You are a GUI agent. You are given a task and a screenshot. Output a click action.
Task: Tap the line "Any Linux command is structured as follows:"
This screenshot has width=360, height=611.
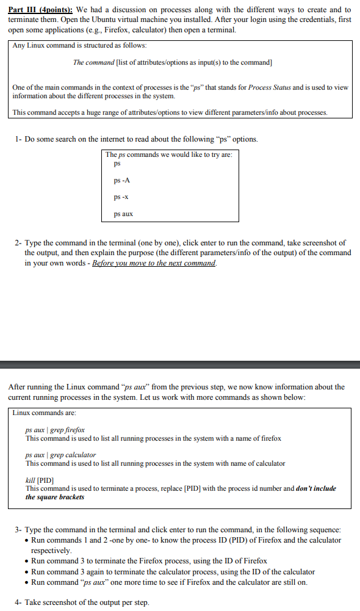click(79, 46)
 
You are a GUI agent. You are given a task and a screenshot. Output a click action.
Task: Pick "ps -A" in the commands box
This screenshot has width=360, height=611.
click(121, 181)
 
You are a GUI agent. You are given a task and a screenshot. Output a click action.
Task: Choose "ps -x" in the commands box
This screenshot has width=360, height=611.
click(121, 197)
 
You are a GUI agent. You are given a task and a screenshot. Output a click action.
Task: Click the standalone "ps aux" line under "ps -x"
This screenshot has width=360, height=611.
click(123, 214)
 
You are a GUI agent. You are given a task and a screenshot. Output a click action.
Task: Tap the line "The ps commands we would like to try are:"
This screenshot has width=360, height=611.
click(168, 154)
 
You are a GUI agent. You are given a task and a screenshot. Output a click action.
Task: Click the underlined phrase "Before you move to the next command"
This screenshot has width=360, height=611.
click(154, 263)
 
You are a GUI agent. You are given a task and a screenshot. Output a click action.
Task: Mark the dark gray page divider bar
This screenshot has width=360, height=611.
click(180, 365)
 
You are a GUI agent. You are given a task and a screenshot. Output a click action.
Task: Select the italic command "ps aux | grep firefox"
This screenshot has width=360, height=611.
click(55, 430)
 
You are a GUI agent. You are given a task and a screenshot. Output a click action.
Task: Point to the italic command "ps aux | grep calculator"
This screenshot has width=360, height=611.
click(60, 455)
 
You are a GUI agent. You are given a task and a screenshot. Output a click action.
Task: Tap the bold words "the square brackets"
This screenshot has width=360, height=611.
click(55, 497)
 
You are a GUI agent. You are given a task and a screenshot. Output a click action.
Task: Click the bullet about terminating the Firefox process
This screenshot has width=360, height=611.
click(149, 561)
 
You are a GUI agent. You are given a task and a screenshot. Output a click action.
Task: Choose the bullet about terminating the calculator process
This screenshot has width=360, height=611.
click(173, 572)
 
